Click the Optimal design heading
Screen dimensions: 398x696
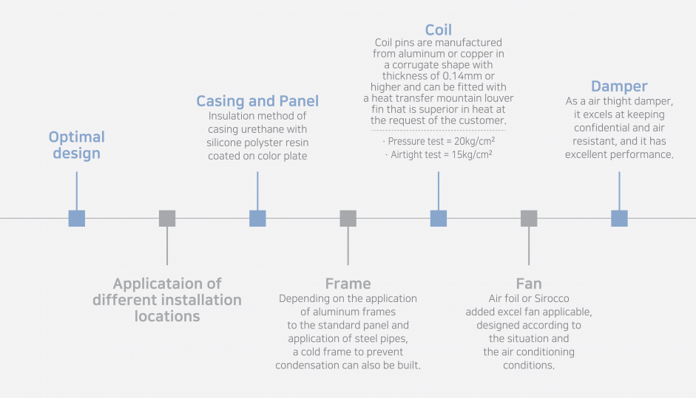click(x=77, y=145)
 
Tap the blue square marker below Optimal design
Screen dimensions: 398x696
click(x=77, y=219)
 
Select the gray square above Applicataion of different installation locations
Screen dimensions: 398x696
click(x=167, y=219)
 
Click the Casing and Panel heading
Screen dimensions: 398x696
click(x=257, y=101)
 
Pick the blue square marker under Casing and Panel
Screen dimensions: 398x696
click(x=257, y=219)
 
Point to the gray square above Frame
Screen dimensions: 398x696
click(x=348, y=219)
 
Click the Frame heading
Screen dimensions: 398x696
click(x=348, y=284)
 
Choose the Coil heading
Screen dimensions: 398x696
click(x=438, y=30)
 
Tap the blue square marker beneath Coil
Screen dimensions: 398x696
click(x=438, y=219)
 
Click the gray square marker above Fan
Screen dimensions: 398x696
click(x=529, y=219)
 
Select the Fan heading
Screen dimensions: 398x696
click(x=529, y=284)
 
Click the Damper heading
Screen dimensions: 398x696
click(x=619, y=86)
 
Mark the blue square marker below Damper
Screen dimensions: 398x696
click(x=619, y=219)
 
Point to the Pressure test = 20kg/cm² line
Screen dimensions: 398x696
click(x=439, y=141)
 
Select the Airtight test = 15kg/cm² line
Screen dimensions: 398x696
click(x=439, y=154)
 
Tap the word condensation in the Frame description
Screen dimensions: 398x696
click(x=306, y=365)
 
